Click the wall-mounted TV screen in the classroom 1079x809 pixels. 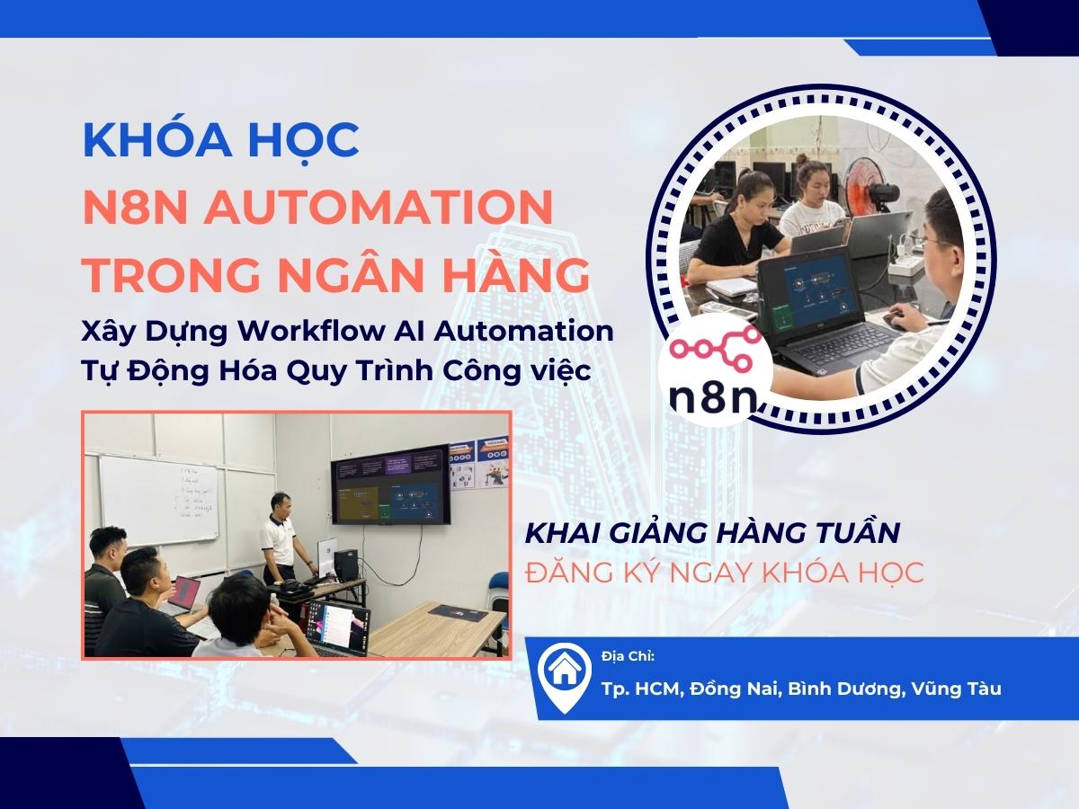point(390,485)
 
